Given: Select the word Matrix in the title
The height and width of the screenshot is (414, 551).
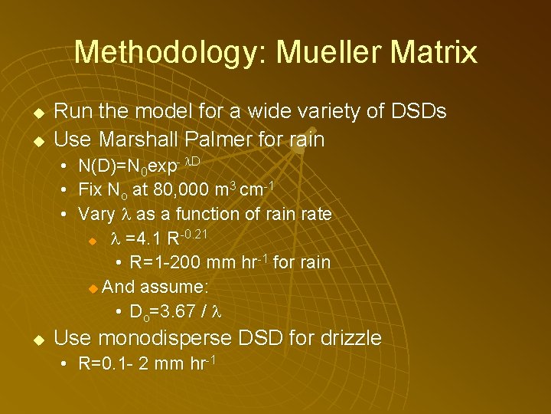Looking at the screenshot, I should tap(434, 52).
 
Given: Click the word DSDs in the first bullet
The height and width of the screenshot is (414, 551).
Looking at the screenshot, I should tap(418, 112).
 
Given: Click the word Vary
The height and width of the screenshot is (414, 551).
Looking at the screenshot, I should tap(96, 214).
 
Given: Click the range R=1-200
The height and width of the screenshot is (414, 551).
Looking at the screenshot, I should tap(166, 262).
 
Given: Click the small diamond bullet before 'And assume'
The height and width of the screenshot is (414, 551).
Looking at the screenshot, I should tap(93, 288).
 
